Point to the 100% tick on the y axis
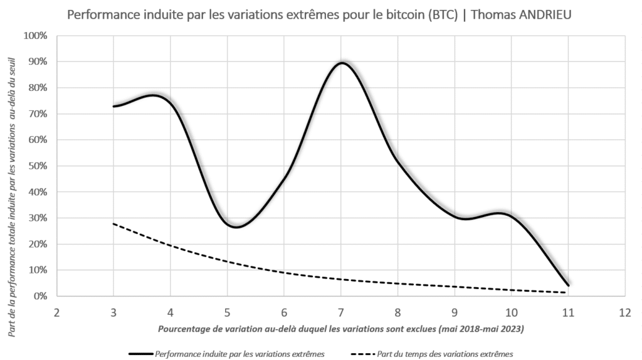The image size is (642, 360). [x=34, y=36]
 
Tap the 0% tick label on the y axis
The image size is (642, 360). [x=39, y=296]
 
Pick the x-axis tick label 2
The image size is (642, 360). [x=56, y=312]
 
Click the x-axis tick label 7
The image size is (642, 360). [x=341, y=312]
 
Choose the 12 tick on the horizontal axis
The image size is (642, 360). [x=624, y=312]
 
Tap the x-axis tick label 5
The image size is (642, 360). [x=227, y=312]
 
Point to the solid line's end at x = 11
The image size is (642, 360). [x=568, y=285]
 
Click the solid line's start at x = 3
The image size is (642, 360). [x=113, y=106]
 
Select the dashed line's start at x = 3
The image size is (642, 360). [x=113, y=223]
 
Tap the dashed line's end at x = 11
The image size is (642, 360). [x=567, y=292]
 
